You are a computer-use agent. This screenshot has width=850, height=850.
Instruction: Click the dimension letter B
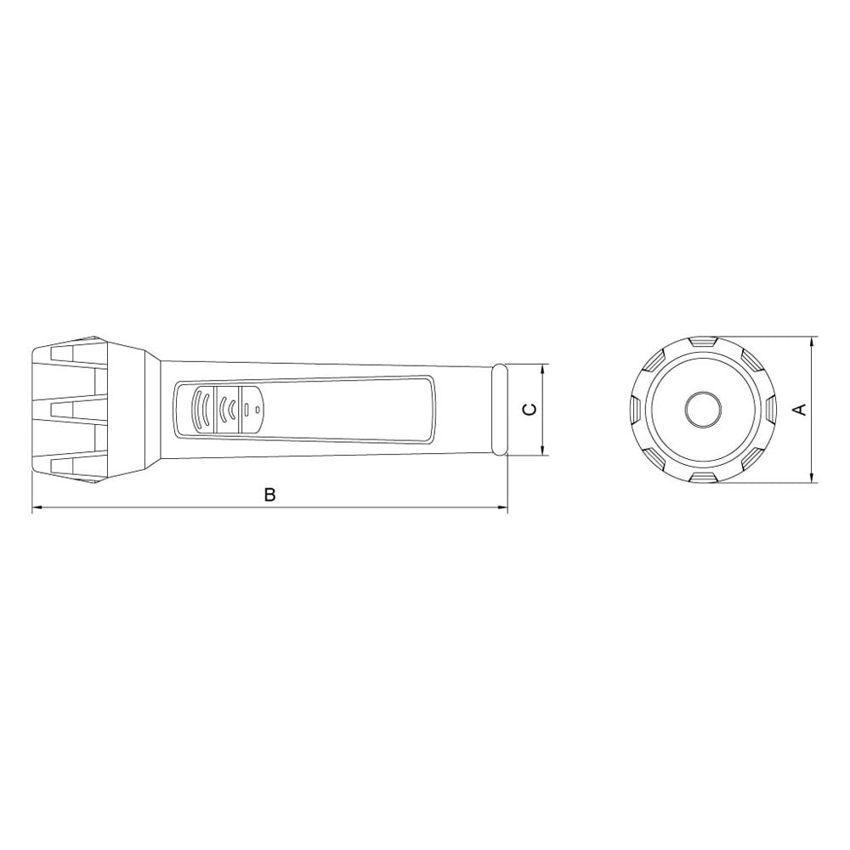[270, 495]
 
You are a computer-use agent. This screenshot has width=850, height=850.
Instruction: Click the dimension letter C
[530, 410]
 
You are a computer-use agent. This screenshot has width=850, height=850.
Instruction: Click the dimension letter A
[800, 410]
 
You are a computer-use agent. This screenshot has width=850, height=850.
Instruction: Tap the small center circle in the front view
[704, 410]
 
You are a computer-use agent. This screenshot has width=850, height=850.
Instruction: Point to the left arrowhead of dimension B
[37, 508]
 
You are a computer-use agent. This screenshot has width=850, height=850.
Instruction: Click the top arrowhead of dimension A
[812, 342]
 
